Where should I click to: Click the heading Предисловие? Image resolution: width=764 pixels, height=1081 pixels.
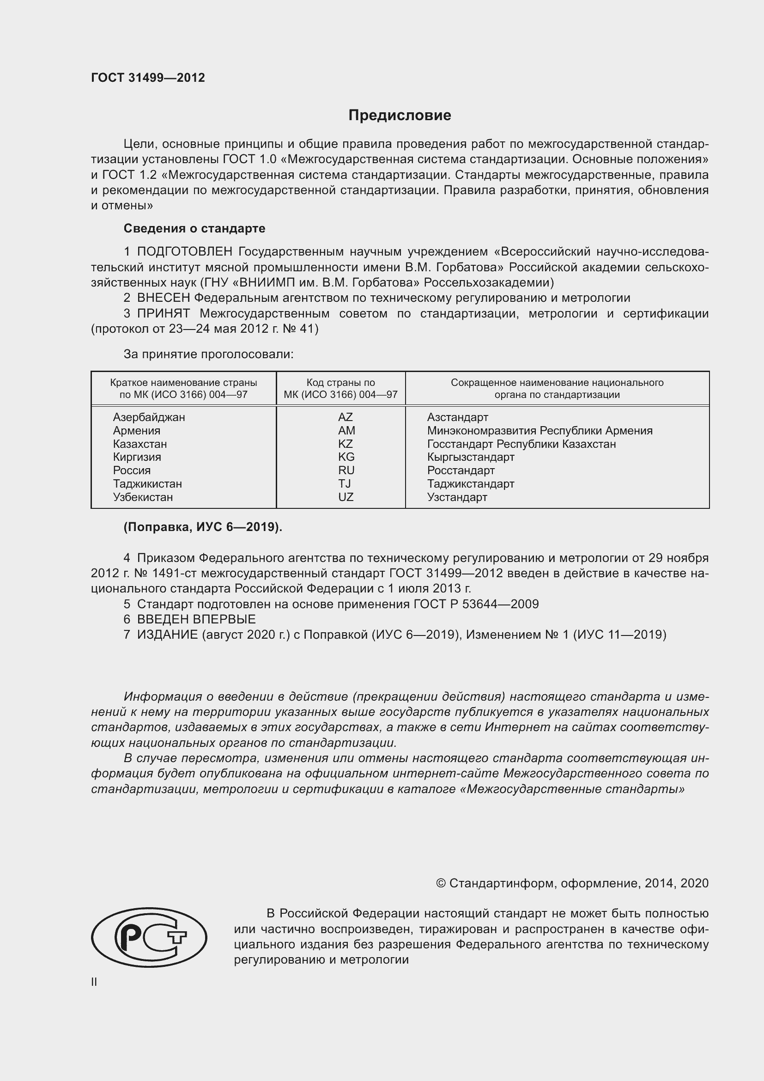[400, 116]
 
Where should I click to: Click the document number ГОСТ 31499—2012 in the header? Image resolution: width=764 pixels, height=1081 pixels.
[148, 78]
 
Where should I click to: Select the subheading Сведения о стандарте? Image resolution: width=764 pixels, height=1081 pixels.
[194, 228]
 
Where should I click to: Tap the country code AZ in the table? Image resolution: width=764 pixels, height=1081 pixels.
[346, 417]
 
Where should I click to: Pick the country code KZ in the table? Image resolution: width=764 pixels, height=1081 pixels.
[346, 444]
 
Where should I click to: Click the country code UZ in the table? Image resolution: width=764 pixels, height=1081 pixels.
[346, 497]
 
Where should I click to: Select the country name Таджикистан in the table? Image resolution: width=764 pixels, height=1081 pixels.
[147, 484]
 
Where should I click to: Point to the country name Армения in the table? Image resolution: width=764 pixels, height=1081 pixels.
[136, 431]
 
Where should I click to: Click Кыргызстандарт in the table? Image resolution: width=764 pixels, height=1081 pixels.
[470, 457]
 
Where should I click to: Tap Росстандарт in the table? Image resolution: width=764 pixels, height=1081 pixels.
[461, 470]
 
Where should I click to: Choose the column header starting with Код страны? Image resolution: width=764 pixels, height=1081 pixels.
[340, 388]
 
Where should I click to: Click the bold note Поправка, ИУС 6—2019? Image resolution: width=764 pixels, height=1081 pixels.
[203, 527]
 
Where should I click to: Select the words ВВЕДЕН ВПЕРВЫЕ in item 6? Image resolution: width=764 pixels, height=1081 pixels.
[196, 619]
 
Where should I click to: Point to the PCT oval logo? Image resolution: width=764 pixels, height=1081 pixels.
[149, 937]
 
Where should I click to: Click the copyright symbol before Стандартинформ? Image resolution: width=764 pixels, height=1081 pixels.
[440, 883]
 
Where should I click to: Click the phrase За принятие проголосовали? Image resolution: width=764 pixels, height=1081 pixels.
[208, 354]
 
